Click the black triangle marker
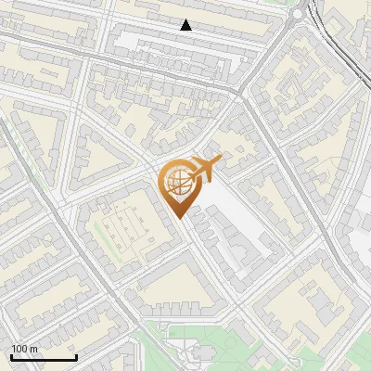click(x=186, y=26)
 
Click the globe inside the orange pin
click(x=175, y=183)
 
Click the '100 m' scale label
click(x=25, y=349)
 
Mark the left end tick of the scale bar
click(x=11, y=356)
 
